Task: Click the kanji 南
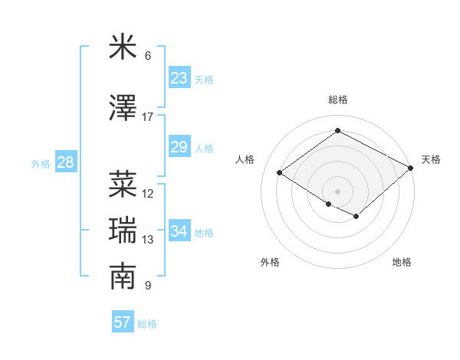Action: point(123,277)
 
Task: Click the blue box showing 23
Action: point(179,78)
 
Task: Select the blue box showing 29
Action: point(179,147)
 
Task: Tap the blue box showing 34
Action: point(179,231)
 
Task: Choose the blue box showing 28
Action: point(65,162)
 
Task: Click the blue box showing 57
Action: point(123,322)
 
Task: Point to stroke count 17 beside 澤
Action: point(148,117)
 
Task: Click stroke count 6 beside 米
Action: point(148,56)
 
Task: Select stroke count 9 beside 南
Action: point(148,286)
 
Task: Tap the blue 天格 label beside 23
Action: point(204,79)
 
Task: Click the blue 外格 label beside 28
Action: point(41,163)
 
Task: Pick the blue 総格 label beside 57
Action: point(147,323)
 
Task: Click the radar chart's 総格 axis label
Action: point(337,100)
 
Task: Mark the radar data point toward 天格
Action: point(412,168)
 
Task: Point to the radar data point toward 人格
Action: point(280,173)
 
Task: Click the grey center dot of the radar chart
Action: point(337,191)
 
